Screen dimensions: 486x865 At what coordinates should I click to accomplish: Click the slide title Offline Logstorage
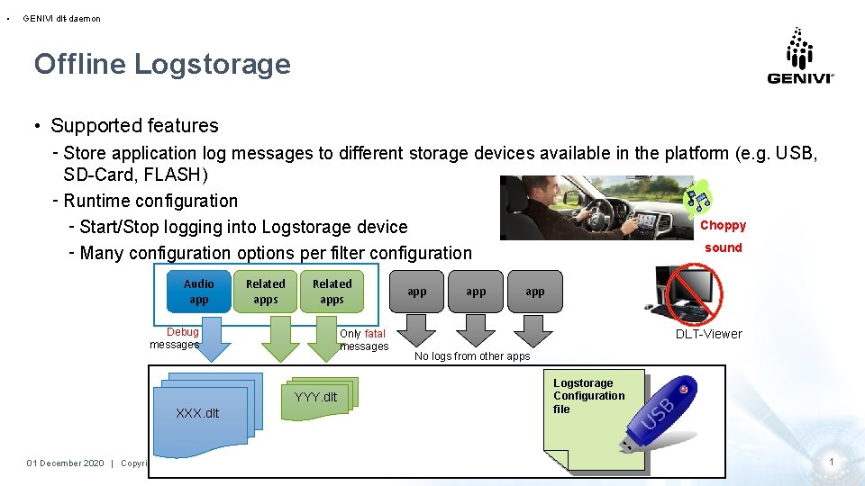point(162,64)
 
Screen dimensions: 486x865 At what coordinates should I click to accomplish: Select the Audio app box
point(199,292)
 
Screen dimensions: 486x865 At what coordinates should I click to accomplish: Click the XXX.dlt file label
point(197,413)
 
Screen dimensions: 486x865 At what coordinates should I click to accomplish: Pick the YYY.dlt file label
point(315,396)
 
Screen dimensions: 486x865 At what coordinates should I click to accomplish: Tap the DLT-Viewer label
point(709,334)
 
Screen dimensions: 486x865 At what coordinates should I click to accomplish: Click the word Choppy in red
point(723,226)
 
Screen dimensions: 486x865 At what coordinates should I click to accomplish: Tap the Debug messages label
point(177,338)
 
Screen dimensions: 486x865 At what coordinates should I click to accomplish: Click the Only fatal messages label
point(364,340)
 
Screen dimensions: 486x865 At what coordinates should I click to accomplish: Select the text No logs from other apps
point(472,356)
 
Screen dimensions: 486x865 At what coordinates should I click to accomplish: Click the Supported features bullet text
point(134,126)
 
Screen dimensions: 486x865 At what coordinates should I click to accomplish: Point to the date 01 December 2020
point(66,463)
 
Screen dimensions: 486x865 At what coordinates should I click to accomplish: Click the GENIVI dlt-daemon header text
point(61,18)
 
